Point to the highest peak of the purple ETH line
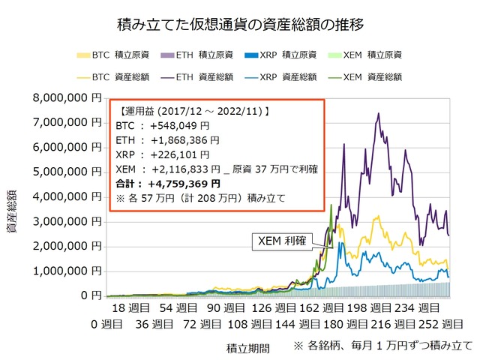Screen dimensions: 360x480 pos(379,114)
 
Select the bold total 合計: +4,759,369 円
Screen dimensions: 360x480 pos(169,183)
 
